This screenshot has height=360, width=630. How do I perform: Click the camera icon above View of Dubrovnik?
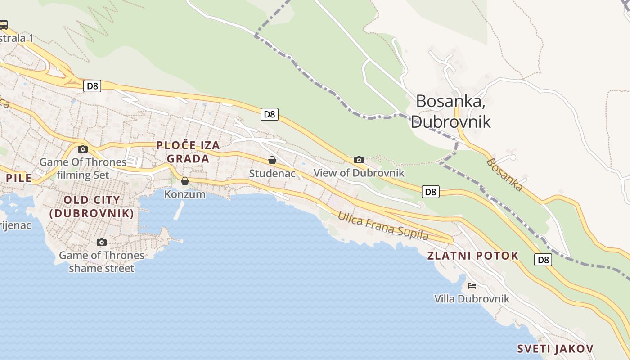pyautogui.click(x=359, y=160)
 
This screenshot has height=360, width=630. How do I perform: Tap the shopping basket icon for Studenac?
pyautogui.click(x=272, y=160)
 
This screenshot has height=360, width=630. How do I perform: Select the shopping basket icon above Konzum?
pyautogui.click(x=184, y=181)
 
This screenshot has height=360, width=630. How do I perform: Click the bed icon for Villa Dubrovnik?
pyautogui.click(x=472, y=285)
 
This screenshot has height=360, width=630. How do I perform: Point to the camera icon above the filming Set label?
pyautogui.click(x=82, y=149)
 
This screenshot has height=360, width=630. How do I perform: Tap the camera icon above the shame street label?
pyautogui.click(x=102, y=242)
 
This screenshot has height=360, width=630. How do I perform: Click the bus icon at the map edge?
pyautogui.click(x=4, y=24)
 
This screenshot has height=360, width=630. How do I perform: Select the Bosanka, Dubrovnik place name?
pyautogui.click(x=450, y=111)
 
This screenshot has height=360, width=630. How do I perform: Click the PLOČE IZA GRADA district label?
pyautogui.click(x=188, y=152)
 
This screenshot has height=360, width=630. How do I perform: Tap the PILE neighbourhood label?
pyautogui.click(x=18, y=178)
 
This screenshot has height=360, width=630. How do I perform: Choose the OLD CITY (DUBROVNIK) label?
pyautogui.click(x=92, y=207)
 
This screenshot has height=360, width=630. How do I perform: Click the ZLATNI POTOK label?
pyautogui.click(x=472, y=256)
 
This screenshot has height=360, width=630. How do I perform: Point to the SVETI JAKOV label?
pyautogui.click(x=555, y=349)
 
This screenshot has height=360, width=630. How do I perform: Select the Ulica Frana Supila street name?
pyautogui.click(x=383, y=226)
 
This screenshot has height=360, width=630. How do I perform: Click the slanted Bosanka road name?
pyautogui.click(x=504, y=175)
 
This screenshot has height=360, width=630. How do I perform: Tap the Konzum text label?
pyautogui.click(x=184, y=194)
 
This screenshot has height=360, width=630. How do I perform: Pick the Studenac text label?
pyautogui.click(x=272, y=173)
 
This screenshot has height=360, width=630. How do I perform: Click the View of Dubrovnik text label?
pyautogui.click(x=359, y=173)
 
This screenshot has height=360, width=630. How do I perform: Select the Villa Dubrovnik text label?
pyautogui.click(x=472, y=298)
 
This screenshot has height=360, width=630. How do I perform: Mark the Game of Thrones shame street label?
pyautogui.click(x=102, y=262)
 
